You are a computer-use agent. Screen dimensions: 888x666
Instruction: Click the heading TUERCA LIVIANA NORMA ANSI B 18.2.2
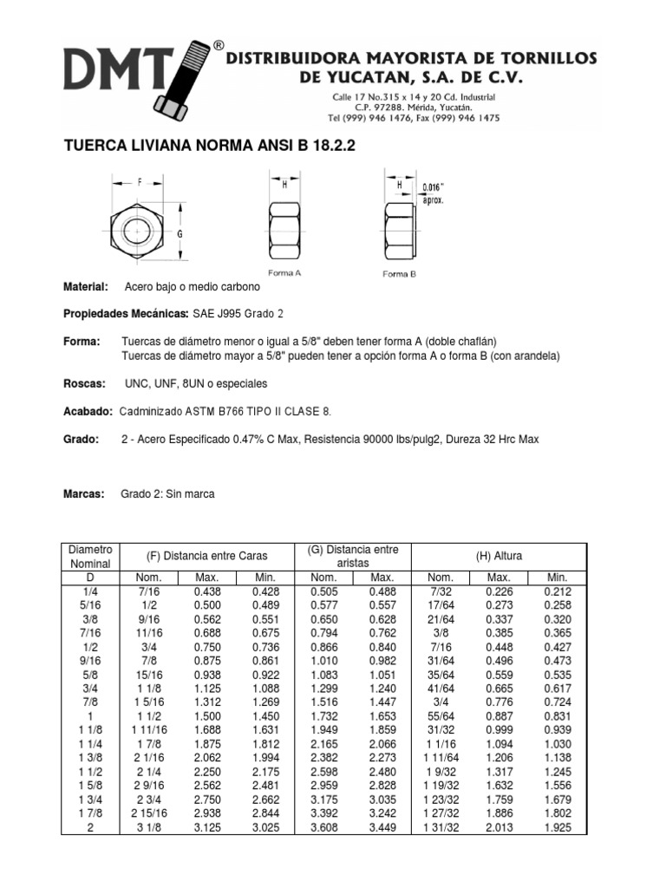click(211, 147)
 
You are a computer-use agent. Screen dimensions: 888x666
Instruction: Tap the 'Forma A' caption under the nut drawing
click(285, 272)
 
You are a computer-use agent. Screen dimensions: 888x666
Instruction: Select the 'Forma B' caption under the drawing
click(400, 273)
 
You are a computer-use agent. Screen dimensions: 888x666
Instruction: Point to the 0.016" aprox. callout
click(433, 193)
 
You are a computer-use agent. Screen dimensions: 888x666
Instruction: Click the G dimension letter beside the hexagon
click(178, 233)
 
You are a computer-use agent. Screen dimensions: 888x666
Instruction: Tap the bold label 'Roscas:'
click(85, 383)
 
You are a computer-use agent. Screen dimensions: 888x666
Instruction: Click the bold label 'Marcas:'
click(85, 494)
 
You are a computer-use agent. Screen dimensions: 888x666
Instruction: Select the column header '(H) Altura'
click(499, 556)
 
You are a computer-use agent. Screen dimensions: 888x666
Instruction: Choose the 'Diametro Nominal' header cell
click(90, 556)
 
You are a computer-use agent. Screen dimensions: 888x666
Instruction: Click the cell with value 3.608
click(323, 828)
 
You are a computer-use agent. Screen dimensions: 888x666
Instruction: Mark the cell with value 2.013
click(499, 828)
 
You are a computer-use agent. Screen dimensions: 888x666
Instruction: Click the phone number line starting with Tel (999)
click(413, 118)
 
